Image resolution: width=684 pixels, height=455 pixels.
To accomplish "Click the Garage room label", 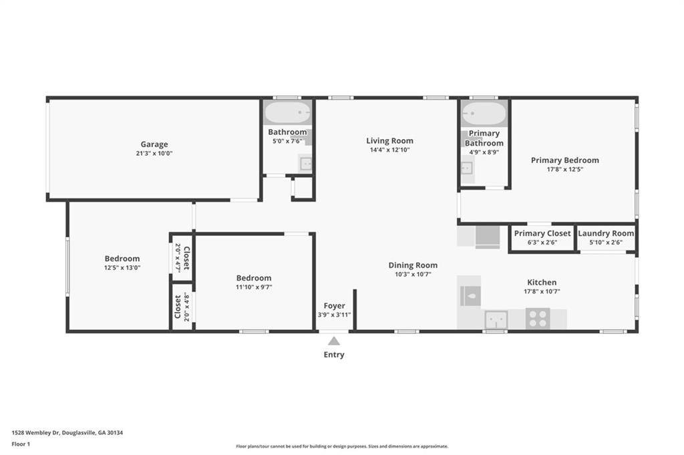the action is pyautogui.click(x=154, y=144).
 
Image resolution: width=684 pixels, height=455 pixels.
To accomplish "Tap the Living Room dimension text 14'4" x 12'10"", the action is pyautogui.click(x=389, y=150).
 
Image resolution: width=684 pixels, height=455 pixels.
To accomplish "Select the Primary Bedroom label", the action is pyautogui.click(x=565, y=160).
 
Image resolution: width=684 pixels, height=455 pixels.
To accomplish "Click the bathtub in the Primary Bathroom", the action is pyautogui.click(x=484, y=113).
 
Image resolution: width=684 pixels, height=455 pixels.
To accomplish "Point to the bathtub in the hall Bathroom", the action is pyautogui.click(x=287, y=112).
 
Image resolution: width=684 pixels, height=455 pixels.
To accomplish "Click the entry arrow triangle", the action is pyautogui.click(x=334, y=341).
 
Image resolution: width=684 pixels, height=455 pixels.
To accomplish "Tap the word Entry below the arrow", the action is pyautogui.click(x=334, y=355).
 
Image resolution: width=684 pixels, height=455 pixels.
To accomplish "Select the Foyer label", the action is pyautogui.click(x=334, y=306).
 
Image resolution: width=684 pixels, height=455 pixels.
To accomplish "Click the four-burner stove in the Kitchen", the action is pyautogui.click(x=538, y=318).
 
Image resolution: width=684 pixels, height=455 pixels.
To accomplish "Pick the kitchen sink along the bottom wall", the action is pyautogui.click(x=496, y=319).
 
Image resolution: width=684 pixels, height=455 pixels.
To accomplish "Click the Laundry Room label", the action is pyautogui.click(x=606, y=233).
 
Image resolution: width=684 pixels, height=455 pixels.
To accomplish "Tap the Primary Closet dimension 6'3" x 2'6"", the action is pyautogui.click(x=542, y=243).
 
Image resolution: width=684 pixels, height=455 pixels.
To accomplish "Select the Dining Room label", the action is pyautogui.click(x=413, y=265).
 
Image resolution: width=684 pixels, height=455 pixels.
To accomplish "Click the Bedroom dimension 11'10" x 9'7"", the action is pyautogui.click(x=254, y=287).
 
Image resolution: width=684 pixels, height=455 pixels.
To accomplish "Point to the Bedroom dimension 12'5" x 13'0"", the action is pyautogui.click(x=122, y=268).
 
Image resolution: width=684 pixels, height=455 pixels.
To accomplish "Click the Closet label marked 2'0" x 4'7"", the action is pyautogui.click(x=186, y=258).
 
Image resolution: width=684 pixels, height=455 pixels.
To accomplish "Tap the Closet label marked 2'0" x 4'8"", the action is pyautogui.click(x=178, y=307).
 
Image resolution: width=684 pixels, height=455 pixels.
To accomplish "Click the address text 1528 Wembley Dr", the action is pyautogui.click(x=36, y=433).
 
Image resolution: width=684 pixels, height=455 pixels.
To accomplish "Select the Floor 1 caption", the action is pyautogui.click(x=21, y=444).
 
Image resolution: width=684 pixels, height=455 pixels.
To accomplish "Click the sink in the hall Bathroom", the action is pyautogui.click(x=306, y=164).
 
